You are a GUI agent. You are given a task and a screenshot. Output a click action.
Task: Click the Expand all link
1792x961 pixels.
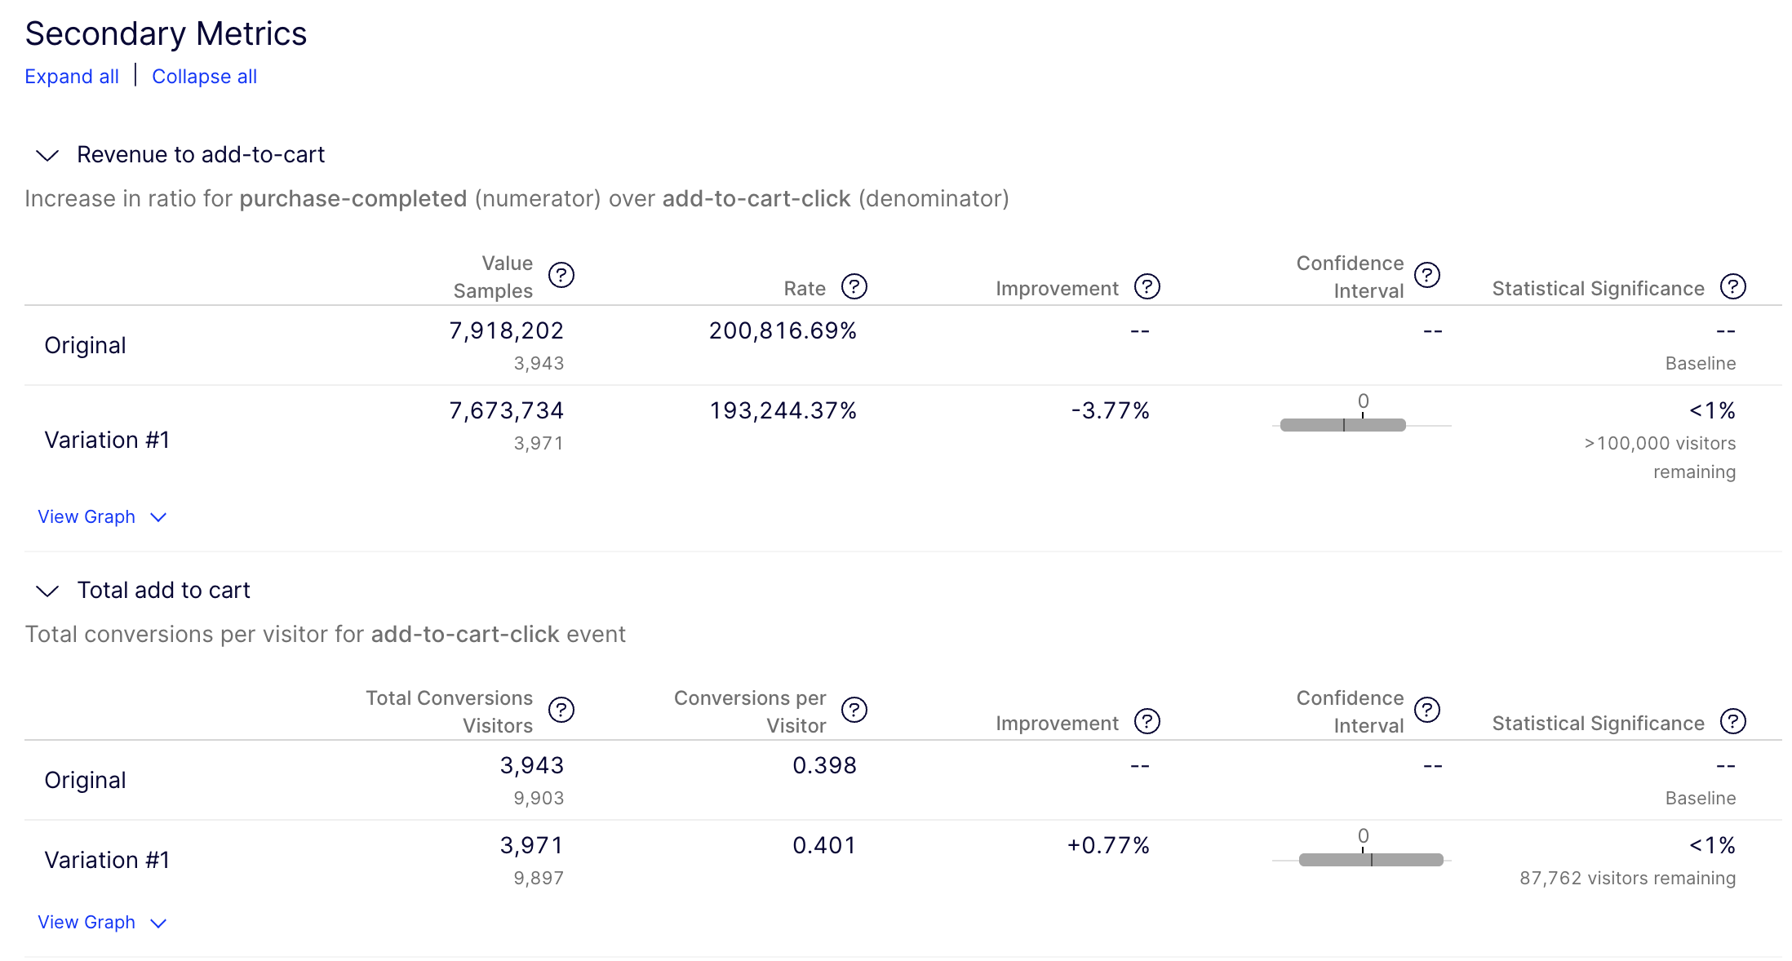[x=72, y=77]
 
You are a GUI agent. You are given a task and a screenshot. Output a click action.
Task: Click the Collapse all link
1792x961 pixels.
[x=204, y=77]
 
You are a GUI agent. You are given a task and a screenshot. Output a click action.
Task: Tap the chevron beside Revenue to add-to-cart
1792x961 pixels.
[x=47, y=155]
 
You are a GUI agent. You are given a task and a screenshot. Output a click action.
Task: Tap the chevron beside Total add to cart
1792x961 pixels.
[x=47, y=591]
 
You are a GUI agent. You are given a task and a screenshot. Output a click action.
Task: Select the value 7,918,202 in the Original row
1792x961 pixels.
[x=506, y=330]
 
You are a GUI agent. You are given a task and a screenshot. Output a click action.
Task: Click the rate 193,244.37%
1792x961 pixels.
[x=783, y=410]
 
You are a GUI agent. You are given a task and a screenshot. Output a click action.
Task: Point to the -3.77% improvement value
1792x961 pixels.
[x=1110, y=410]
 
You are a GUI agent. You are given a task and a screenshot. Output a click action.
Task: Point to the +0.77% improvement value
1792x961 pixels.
[x=1108, y=845]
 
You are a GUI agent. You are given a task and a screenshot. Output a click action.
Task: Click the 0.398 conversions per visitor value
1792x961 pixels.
[x=824, y=765]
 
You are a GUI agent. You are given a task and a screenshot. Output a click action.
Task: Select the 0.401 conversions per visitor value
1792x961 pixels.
[x=824, y=845]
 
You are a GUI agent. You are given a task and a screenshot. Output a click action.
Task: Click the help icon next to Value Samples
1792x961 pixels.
[x=561, y=275]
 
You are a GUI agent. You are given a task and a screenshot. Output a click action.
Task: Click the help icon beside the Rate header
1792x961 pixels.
[x=854, y=286]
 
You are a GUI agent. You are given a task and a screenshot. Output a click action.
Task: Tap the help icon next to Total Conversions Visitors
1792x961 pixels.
[x=561, y=710]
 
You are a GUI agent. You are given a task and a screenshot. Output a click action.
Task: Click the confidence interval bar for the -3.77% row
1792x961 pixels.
[x=1342, y=425]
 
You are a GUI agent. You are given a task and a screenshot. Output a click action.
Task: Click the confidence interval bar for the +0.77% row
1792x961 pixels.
[x=1371, y=860]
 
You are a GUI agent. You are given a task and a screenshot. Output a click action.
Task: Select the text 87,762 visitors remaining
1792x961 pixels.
[x=1627, y=878]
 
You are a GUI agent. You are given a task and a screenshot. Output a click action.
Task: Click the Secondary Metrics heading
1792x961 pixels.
[x=166, y=33]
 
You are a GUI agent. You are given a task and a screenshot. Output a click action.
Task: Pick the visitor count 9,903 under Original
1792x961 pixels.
[x=539, y=798]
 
